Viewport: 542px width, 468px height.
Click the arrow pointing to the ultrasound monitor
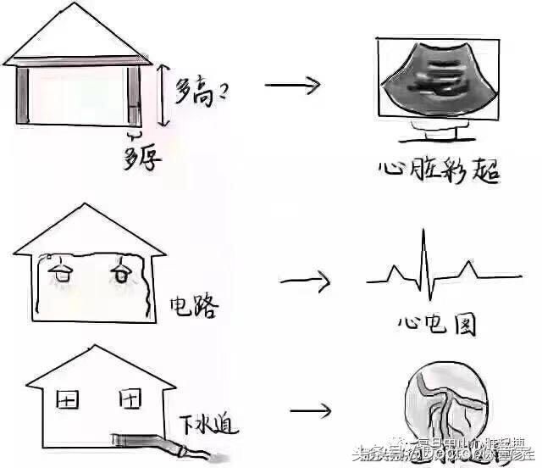(x=292, y=84)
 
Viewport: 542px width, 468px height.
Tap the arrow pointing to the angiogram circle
(x=312, y=412)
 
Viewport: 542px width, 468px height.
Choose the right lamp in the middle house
(x=122, y=273)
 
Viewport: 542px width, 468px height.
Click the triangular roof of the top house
(x=80, y=34)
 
